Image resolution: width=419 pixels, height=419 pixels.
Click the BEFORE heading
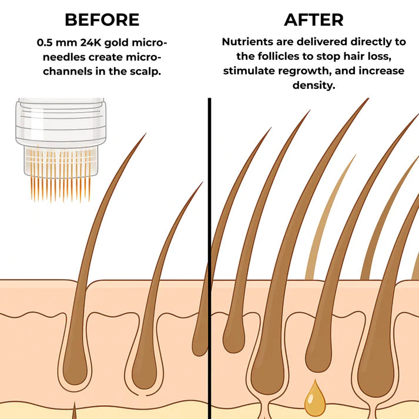(102, 20)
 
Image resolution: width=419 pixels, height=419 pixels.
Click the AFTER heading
(314, 20)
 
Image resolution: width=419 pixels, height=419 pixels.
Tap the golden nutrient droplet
(316, 398)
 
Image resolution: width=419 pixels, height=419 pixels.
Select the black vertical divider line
(209, 259)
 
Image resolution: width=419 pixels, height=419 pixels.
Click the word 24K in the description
(90, 42)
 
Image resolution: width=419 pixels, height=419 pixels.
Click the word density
(314, 85)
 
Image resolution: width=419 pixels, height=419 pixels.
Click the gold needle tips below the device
(61, 189)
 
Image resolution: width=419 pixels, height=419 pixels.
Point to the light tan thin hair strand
(328, 217)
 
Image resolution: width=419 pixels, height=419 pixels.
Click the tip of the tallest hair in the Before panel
(146, 133)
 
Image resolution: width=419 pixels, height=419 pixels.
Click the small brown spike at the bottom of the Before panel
(74, 410)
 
